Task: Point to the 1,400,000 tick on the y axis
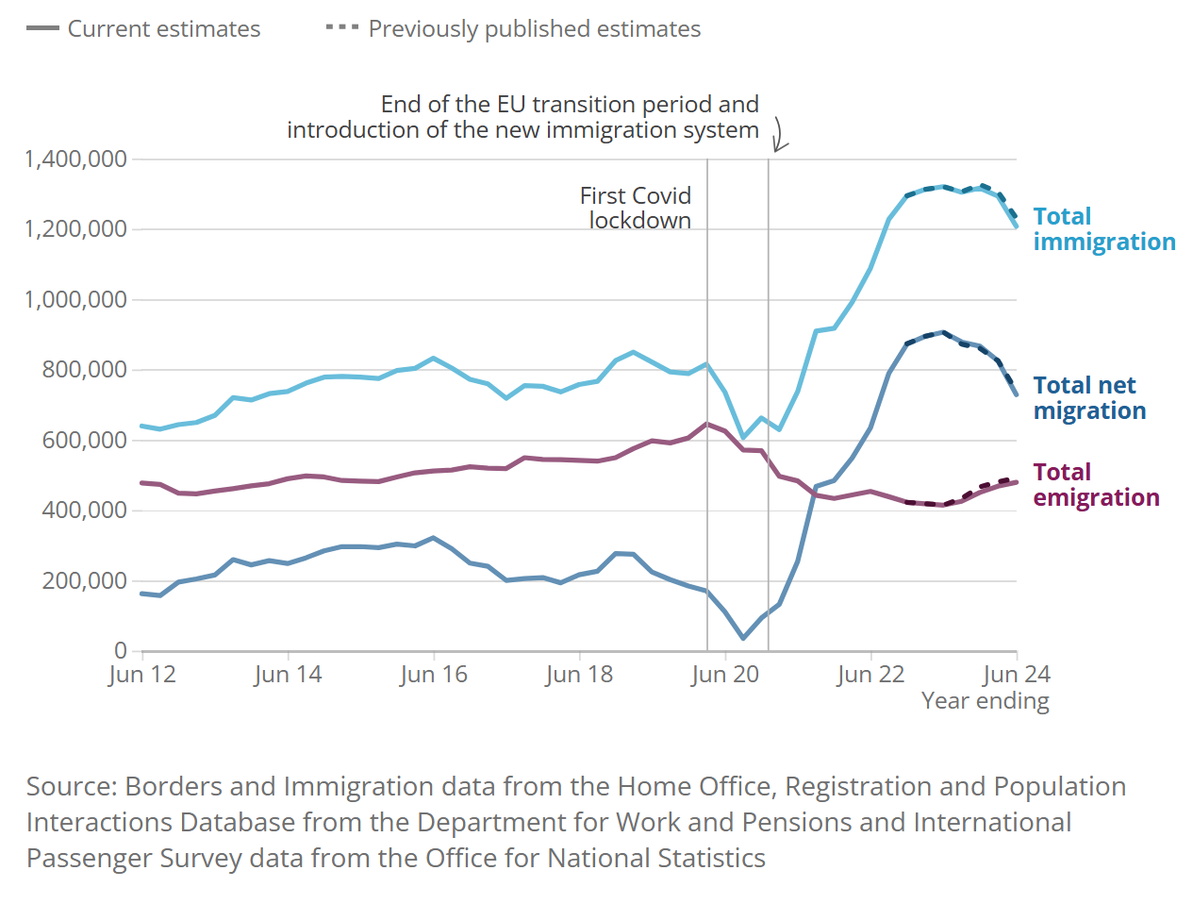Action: tap(75, 159)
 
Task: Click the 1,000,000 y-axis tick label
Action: tap(75, 300)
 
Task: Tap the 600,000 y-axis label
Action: tap(84, 440)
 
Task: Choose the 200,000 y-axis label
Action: tap(84, 580)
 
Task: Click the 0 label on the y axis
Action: tap(120, 650)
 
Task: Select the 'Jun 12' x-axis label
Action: tap(142, 675)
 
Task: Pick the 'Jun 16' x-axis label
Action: tap(434, 675)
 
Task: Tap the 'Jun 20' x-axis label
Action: tap(725, 675)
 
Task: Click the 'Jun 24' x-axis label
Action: tap(1016, 675)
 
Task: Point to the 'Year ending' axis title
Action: tap(985, 701)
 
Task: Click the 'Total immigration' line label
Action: tap(1103, 229)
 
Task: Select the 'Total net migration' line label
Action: tap(1089, 398)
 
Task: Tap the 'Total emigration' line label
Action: tap(1096, 485)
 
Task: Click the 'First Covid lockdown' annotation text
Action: tap(636, 208)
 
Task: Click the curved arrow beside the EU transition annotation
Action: tap(779, 135)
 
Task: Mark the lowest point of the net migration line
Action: tap(743, 638)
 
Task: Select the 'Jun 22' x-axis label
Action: tap(870, 675)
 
